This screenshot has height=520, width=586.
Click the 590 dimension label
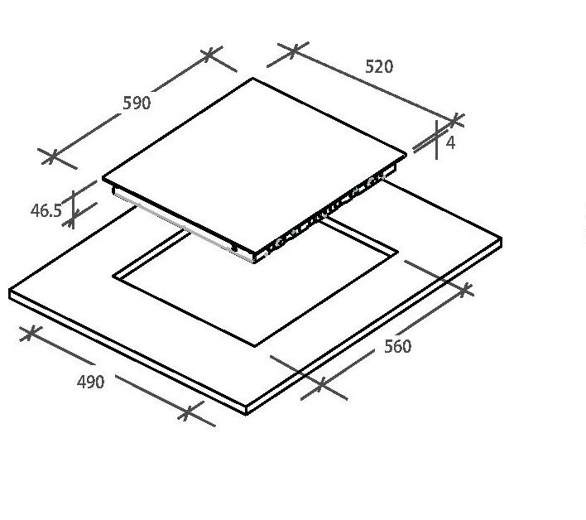coord(137,103)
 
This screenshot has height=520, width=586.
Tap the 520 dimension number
coord(379,66)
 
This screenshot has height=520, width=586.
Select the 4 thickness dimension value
coord(451,142)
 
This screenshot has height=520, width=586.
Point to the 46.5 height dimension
coord(46,210)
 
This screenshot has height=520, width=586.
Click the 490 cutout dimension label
coord(90,382)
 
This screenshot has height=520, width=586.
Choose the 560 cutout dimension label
coord(397,347)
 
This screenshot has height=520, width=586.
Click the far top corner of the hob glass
coord(252,78)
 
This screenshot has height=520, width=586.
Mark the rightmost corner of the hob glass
coord(406,154)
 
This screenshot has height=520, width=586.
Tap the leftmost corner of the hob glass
coord(103,178)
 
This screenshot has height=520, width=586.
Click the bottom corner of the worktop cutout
coord(255,346)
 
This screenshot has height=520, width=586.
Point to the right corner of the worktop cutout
coord(398,253)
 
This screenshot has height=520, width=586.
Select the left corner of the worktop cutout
coord(113,277)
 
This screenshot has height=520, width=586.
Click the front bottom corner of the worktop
coord(246,414)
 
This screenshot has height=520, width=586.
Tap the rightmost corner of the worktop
coord(502,238)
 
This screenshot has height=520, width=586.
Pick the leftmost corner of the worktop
coord(9,290)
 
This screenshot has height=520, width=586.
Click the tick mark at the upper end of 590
coord(209,55)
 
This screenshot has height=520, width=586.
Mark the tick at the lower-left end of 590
coord(53,157)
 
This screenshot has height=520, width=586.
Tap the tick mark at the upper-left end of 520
coord(294,51)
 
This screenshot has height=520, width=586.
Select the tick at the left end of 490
coord(31,332)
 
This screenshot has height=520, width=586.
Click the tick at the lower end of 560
coord(321,384)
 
